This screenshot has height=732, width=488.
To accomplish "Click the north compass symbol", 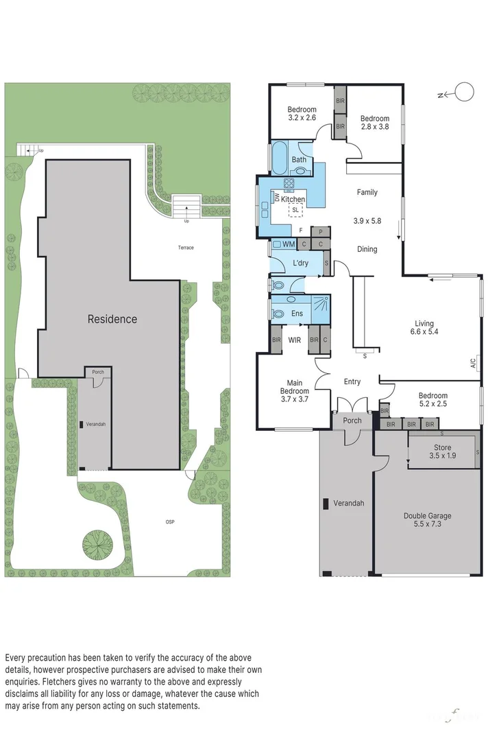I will tap(464, 92).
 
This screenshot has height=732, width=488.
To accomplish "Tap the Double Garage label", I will tap(427, 516).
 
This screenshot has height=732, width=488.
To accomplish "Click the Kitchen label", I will tap(293, 200).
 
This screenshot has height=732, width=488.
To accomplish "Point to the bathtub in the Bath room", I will tap(280, 159).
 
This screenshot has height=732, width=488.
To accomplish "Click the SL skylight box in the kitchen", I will tap(296, 211).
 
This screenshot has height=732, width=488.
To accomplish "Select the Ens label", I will tap(297, 313).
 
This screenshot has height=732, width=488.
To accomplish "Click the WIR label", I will tap(295, 340).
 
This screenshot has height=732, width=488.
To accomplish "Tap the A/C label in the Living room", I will tap(474, 364).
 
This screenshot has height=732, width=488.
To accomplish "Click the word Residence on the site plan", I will tap(112, 319).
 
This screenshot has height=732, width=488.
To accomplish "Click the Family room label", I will tap(367, 193).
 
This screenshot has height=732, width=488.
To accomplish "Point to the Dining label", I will tap(367, 249).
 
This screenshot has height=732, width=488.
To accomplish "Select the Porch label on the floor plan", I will tap(352, 421).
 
